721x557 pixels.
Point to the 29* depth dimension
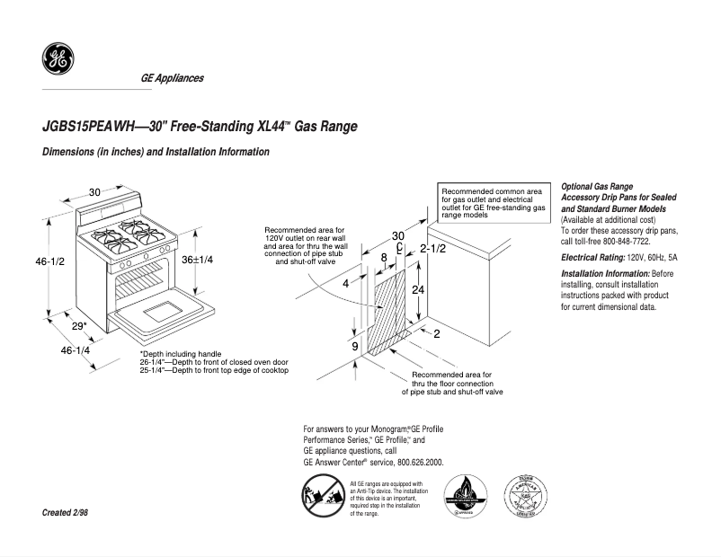pyautogui.click(x=80, y=326)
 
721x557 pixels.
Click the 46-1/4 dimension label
pyautogui.click(x=76, y=350)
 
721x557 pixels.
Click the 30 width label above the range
pyautogui.click(x=94, y=191)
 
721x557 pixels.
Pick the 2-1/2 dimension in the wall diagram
pyautogui.click(x=433, y=248)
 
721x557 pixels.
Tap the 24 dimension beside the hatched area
pyautogui.click(x=417, y=289)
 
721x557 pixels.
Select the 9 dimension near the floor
pyautogui.click(x=355, y=346)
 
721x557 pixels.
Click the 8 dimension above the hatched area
pyautogui.click(x=384, y=258)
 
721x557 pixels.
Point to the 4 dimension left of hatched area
pyautogui.click(x=345, y=283)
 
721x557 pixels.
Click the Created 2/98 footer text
pyautogui.click(x=66, y=512)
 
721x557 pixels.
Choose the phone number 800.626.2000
pyautogui.click(x=417, y=462)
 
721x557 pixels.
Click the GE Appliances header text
pyautogui.click(x=172, y=78)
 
